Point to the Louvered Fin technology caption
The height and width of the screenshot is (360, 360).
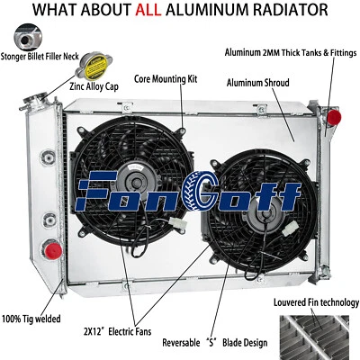[x=316, y=302]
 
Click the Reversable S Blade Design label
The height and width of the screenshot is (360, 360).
[x=217, y=343]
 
